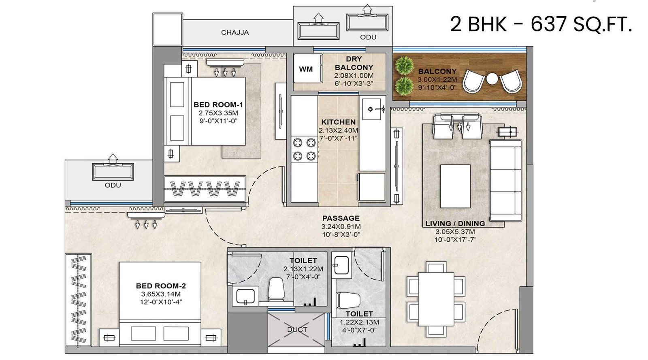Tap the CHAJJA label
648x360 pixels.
pyautogui.click(x=235, y=32)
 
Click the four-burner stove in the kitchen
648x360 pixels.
pyautogui.click(x=304, y=149)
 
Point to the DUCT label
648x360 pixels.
pyautogui.click(x=297, y=330)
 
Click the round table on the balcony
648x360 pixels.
pyautogui.click(x=492, y=79)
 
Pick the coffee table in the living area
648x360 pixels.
pyautogui.click(x=456, y=186)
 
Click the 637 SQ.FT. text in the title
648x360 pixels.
pyautogui.click(x=581, y=24)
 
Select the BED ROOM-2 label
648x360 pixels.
pyautogui.click(x=161, y=286)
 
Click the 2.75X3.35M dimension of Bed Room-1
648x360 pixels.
pyautogui.click(x=218, y=113)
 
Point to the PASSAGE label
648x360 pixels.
pyautogui.click(x=341, y=218)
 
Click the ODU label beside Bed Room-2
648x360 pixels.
pyautogui.click(x=113, y=185)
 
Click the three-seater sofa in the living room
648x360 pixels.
pyautogui.click(x=505, y=180)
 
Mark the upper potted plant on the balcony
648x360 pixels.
pyautogui.click(x=404, y=65)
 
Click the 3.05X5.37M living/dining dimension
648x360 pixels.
pyautogui.click(x=455, y=232)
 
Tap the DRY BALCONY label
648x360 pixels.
pyautogui.click(x=354, y=63)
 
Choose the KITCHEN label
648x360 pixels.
pyautogui.click(x=338, y=122)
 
